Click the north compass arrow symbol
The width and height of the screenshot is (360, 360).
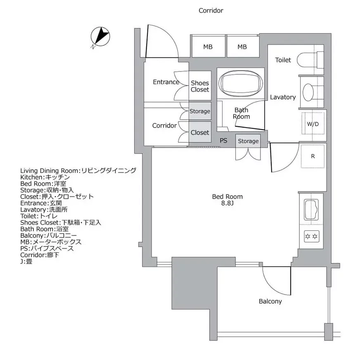coord(100,37)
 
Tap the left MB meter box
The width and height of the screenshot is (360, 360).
coord(208,47)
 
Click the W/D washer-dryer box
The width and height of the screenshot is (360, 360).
coord(313,124)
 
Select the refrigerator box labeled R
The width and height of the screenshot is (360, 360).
coord(313,156)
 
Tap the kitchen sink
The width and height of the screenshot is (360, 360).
coord(311,210)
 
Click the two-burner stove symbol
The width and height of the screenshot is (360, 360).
coord(310,236)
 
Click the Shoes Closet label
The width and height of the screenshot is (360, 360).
coord(200,86)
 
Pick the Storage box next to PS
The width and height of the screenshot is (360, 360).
coord(248,141)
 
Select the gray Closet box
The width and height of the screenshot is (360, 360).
coord(200,133)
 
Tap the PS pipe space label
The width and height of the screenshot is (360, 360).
coord(223,141)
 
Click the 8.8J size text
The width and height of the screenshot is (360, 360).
coord(227,204)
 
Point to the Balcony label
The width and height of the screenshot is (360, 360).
coord(270,301)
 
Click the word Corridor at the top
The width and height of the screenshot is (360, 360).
coord(211,11)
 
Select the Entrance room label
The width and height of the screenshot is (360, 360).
coord(166,82)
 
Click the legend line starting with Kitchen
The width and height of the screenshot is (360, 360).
coord(48,177)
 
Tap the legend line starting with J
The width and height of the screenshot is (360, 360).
coord(26,262)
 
